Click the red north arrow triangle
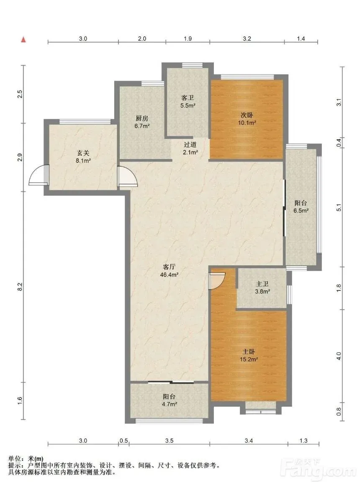point(23,40)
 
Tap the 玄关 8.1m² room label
point(83,157)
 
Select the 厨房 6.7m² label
point(142,122)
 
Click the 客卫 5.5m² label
point(188,101)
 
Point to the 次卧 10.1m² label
point(247,119)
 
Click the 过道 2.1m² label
point(190,148)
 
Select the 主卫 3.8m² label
point(262,287)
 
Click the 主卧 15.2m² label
point(249,355)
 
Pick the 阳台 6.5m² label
point(301,207)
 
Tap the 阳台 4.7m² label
point(169,400)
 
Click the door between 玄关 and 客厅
point(128,177)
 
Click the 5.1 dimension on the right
point(339,207)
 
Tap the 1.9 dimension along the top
point(188,38)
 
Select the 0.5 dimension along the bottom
point(124,441)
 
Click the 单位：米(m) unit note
point(26,459)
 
